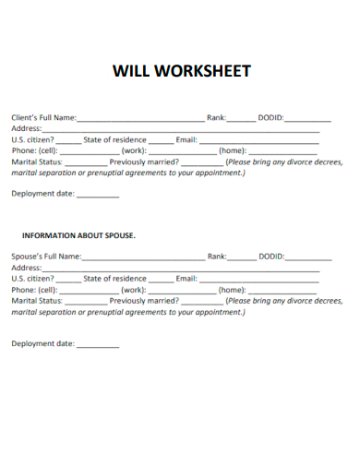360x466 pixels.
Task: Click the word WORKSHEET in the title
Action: coord(206,71)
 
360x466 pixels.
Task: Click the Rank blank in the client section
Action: coord(242,119)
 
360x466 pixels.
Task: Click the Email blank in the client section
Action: coord(259,140)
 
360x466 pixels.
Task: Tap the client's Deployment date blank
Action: coord(97,196)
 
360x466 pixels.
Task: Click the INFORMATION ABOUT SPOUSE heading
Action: coord(78,235)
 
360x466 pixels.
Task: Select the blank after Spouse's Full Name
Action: coord(143,257)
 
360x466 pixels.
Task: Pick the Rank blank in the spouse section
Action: coord(242,257)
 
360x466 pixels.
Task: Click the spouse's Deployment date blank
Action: coord(97,345)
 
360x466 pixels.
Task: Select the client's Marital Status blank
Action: coord(86,162)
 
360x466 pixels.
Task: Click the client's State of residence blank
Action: coord(161,140)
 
